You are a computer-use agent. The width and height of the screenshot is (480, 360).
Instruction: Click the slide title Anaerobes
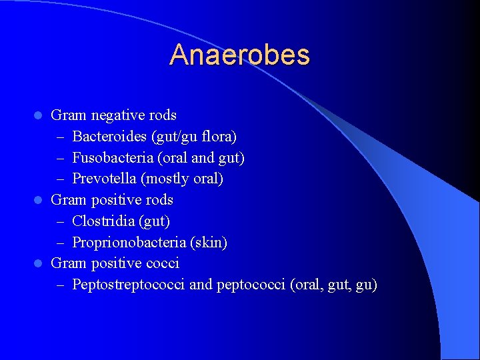click(x=239, y=55)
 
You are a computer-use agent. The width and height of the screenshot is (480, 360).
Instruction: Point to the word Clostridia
click(x=99, y=221)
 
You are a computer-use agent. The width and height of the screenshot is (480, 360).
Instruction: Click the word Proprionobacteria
click(x=121, y=242)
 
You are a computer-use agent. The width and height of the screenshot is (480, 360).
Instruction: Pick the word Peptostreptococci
click(x=129, y=285)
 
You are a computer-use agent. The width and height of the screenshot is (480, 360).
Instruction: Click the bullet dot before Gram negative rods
click(x=39, y=116)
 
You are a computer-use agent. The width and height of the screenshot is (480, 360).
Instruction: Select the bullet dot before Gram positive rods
click(x=39, y=201)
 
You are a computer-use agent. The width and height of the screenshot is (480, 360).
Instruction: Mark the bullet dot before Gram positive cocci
click(x=39, y=264)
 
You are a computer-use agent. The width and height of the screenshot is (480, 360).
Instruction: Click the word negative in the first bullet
click(x=115, y=115)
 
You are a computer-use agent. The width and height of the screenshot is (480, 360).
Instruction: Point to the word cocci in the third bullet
click(x=162, y=263)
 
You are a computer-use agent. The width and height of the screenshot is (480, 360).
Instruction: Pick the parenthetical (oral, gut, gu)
click(x=334, y=285)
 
